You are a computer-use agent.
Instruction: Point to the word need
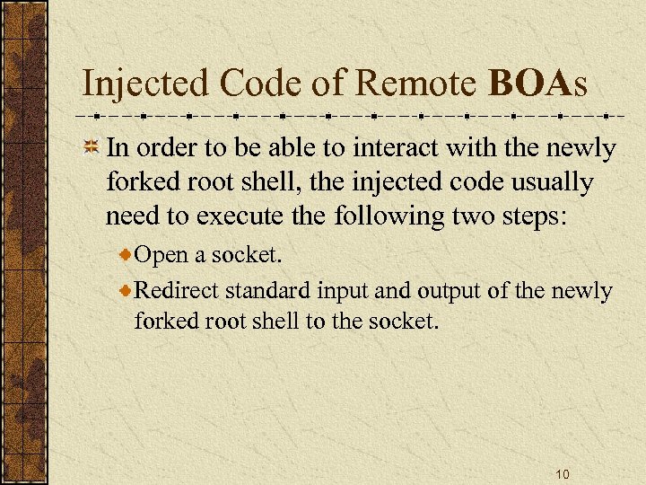133,216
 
